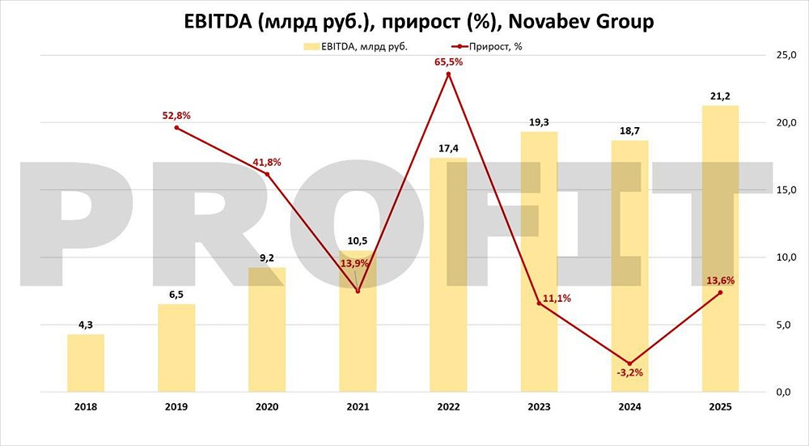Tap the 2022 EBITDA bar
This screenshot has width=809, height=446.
[448, 274]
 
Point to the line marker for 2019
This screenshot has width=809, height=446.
[176, 128]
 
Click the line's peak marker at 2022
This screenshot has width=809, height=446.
[448, 74]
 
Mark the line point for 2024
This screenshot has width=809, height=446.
[629, 363]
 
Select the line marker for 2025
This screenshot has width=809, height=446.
[720, 293]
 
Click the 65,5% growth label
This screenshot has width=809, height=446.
[448, 61]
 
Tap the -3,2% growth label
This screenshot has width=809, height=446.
[629, 373]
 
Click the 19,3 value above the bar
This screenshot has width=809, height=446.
[539, 121]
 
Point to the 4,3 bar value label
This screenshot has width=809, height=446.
[86, 325]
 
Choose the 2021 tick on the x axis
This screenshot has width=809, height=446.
[358, 408]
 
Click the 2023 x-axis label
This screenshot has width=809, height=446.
[539, 408]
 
